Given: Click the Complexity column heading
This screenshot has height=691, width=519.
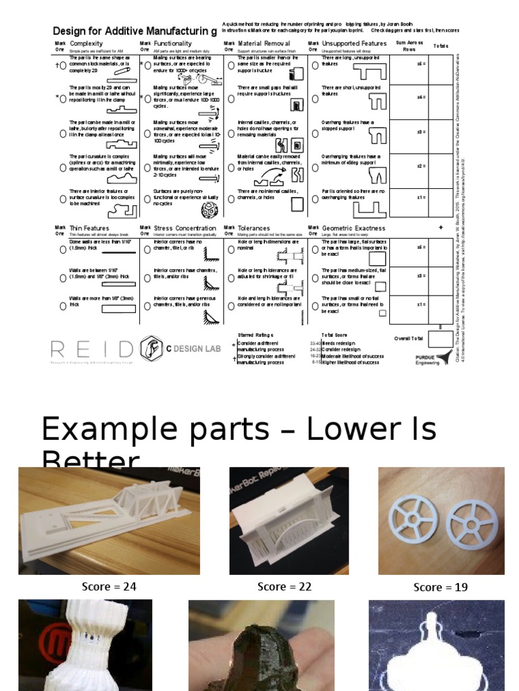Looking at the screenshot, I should point(86,44).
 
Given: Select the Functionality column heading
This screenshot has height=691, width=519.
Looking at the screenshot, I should point(173,44).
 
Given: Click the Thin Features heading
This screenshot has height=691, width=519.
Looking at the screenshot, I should point(89,228).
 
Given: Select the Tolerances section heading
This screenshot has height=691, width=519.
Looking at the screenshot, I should point(254,228).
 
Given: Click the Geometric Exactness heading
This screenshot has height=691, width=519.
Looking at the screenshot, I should point(354,228).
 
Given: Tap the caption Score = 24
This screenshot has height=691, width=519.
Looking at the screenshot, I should point(109,587).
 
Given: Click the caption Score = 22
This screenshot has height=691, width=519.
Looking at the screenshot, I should point(285,587).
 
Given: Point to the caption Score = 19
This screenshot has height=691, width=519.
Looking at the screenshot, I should point(441,588).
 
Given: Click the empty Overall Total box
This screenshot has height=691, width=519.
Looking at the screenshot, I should point(441,339).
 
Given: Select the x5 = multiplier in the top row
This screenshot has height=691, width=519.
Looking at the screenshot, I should point(421,64).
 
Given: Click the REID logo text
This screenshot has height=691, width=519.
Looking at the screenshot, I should point(92,349).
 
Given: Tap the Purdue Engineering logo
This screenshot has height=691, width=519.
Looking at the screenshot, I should point(433,358).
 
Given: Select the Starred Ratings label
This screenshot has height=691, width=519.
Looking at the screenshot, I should point(255,335).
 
